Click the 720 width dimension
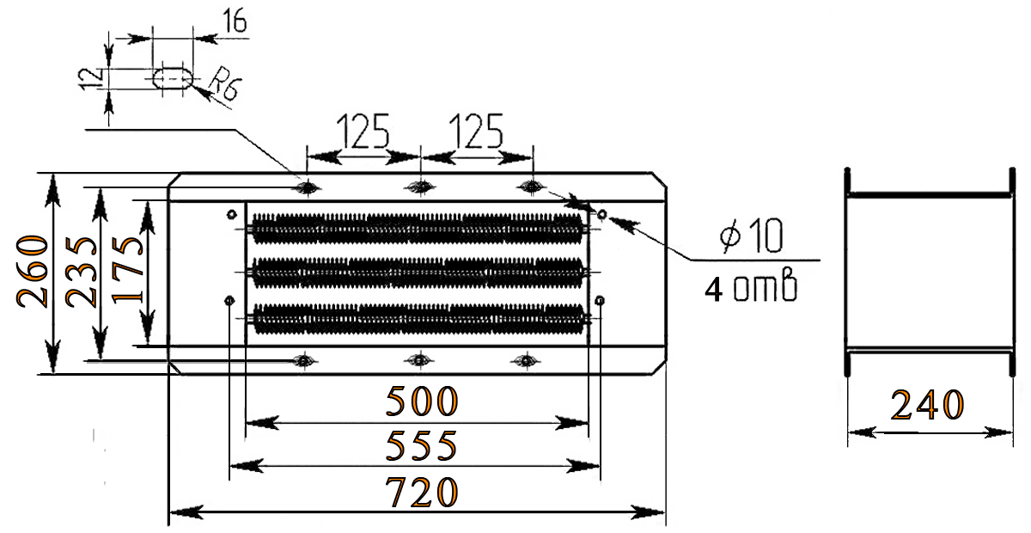pyautogui.click(x=421, y=493)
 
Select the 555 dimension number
pyautogui.click(x=421, y=446)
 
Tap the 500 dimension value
pyautogui.click(x=421, y=401)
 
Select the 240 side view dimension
pyautogui.click(x=927, y=405)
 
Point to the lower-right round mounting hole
pyautogui.click(x=600, y=301)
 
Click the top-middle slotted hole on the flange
pyautogui.click(x=418, y=186)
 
